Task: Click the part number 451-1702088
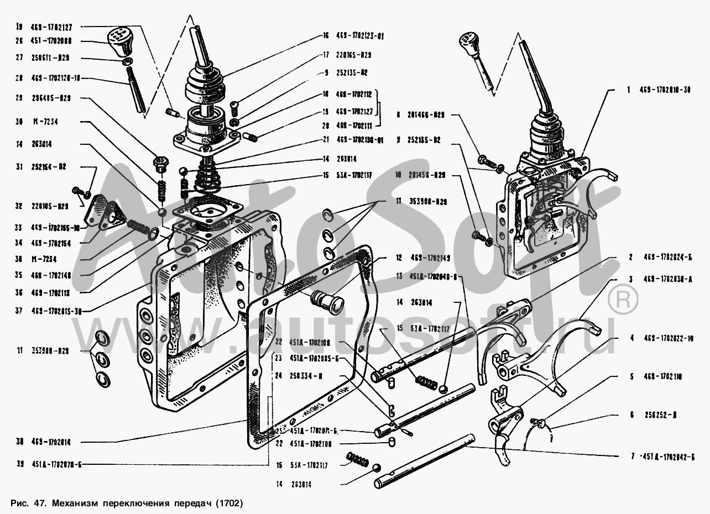pyautogui.click(x=55, y=41)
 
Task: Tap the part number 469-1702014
pyautogui.click(x=55, y=442)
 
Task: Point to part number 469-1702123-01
pyautogui.click(x=360, y=35)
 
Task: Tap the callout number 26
pyautogui.click(x=20, y=41)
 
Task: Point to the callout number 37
pyautogui.click(x=20, y=311)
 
